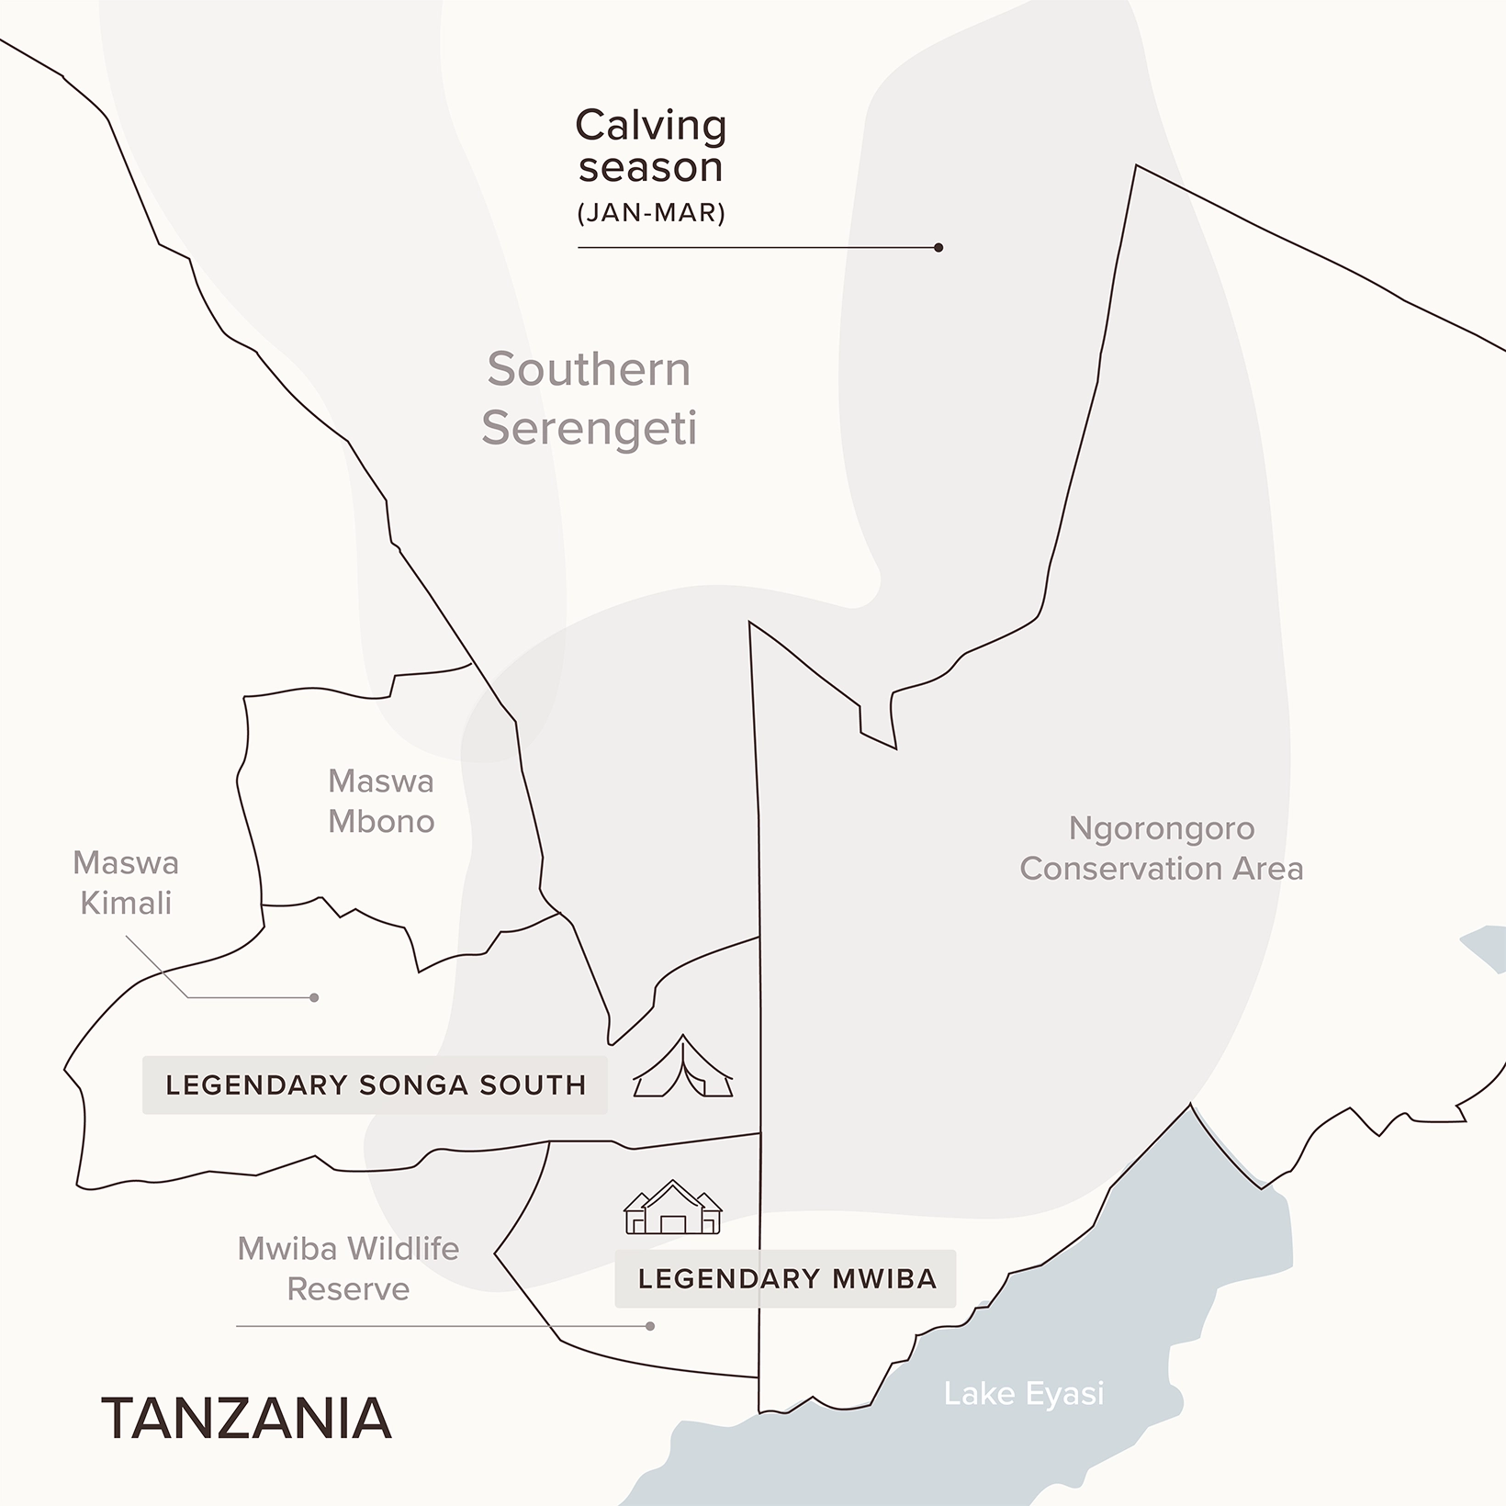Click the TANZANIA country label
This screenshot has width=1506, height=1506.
coord(246,1419)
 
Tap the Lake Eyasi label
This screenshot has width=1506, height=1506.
coord(1023,1394)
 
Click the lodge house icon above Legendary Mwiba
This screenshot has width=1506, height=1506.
coord(672,1208)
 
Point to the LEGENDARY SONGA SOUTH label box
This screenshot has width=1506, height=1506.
coord(375,1085)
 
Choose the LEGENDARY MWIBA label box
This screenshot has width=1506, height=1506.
coord(786,1279)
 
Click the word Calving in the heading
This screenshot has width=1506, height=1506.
coord(650,126)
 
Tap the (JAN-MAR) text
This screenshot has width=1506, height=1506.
coord(651,213)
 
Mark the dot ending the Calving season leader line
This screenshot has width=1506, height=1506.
coord(938,248)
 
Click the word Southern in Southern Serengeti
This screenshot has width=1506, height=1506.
coord(589,369)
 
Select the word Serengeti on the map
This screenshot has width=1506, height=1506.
coord(589,428)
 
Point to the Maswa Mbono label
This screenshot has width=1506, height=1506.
coord(381,801)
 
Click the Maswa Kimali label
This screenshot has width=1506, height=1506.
coord(126,882)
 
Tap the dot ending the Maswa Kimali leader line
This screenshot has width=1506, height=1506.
coord(314,997)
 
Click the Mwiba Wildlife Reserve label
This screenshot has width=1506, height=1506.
coord(348,1268)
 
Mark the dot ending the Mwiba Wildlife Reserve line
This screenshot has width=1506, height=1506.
coord(650,1326)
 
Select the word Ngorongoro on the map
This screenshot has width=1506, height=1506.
coord(1161,828)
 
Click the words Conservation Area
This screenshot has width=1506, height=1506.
coord(1161,869)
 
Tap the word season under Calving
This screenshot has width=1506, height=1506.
coord(650,168)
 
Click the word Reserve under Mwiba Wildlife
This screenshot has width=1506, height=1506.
coord(348,1289)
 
